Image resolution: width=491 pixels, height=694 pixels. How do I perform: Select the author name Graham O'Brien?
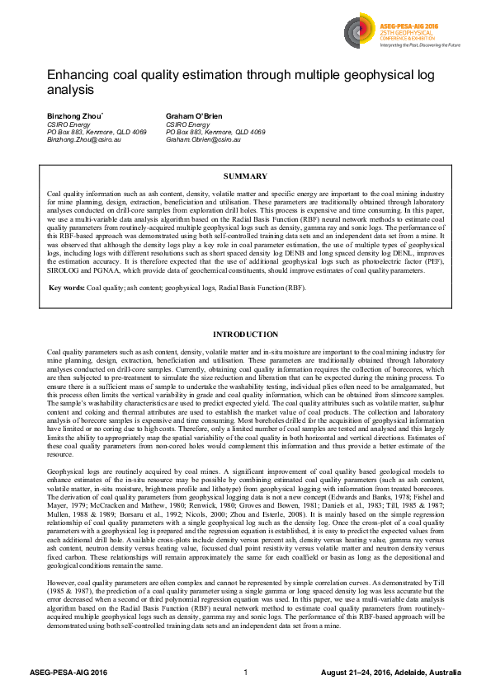pyautogui.click(x=195, y=115)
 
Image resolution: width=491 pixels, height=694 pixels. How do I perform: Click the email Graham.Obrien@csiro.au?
pyautogui.click(x=203, y=140)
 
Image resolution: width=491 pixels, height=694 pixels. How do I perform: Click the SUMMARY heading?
pyautogui.click(x=245, y=176)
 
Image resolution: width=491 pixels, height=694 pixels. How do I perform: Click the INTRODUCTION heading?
pyautogui.click(x=245, y=334)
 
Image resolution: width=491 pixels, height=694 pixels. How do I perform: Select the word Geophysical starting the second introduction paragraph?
pyautogui.click(x=65, y=467)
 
